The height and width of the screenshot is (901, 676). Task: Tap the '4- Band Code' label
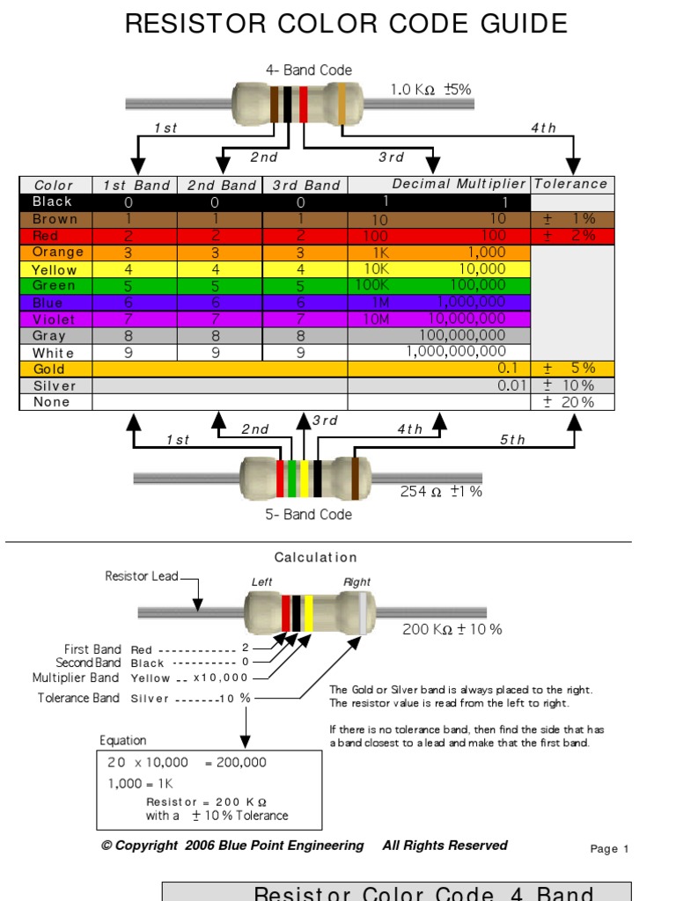coord(308,70)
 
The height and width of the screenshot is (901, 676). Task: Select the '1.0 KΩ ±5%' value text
coord(431,90)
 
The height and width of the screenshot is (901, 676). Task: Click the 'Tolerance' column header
coord(571,184)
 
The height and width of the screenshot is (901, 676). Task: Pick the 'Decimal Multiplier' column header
coord(459,184)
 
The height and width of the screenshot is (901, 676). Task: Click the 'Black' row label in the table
coord(52,201)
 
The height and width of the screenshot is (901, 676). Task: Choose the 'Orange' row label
coord(58,253)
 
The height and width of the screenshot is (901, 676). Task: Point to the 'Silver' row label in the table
coord(55,386)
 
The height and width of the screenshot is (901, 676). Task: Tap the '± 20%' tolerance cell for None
coord(570,402)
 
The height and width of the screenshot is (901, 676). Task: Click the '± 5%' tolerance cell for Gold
coord(570,369)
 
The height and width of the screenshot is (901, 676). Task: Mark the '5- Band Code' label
coord(308,515)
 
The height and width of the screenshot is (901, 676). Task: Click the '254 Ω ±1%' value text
coord(441,492)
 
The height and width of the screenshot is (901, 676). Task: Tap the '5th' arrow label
coord(512,440)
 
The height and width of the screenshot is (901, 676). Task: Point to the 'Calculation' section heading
coord(316,558)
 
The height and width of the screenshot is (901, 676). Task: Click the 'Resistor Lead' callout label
coord(141,576)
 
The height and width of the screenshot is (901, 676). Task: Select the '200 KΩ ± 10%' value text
coord(452,630)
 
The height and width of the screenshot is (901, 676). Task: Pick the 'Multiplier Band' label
coord(75,678)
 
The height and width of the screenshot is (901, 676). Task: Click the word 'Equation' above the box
coord(123,741)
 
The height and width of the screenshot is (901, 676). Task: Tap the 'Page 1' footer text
coord(609,849)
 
